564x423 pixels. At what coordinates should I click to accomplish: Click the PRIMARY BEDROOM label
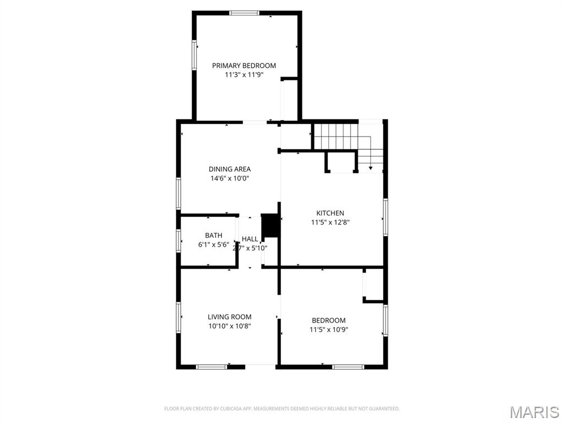tap(244, 66)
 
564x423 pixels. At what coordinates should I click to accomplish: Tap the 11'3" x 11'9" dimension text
tap(244, 75)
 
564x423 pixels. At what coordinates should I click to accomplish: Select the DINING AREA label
tap(230, 169)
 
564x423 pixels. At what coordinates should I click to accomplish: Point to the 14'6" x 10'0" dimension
tap(230, 178)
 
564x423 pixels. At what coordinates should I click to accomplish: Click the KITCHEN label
tap(330, 213)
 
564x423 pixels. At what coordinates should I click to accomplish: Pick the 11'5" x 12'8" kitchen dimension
tap(330, 223)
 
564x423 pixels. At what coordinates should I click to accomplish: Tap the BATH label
tap(214, 235)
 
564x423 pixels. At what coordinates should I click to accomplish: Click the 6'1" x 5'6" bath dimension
tap(214, 245)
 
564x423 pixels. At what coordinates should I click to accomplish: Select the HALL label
tap(250, 239)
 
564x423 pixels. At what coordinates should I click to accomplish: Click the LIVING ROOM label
tap(230, 317)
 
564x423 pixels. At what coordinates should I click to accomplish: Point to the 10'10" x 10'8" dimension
tap(230, 326)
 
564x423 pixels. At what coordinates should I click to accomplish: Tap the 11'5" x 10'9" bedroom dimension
tap(329, 330)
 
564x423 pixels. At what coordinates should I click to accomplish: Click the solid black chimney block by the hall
tap(269, 226)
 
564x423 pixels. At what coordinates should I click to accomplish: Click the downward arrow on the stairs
tap(371, 167)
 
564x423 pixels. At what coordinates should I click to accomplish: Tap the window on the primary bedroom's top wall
tap(244, 13)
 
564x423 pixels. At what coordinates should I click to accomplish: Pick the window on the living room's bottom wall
tap(211, 366)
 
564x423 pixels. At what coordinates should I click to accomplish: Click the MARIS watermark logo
tap(534, 412)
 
